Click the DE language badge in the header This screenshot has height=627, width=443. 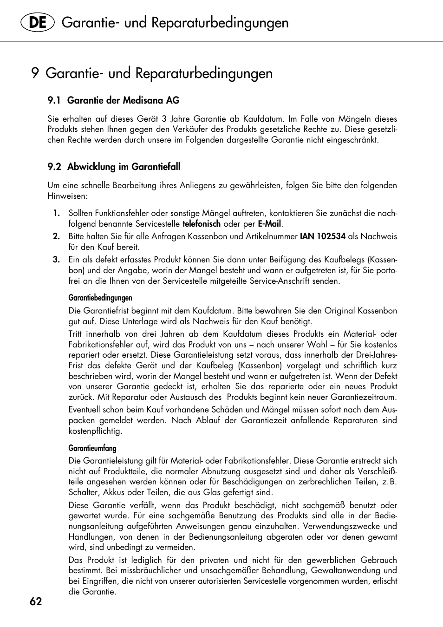click(x=38, y=23)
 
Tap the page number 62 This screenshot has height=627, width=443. click(x=36, y=601)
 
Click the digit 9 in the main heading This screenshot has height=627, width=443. click(x=35, y=73)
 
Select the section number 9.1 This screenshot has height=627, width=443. click(x=54, y=100)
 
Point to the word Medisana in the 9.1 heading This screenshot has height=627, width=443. click(x=138, y=100)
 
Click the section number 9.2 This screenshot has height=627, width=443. click(x=54, y=167)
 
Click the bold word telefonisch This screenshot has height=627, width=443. click(x=201, y=224)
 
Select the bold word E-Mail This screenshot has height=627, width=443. click(x=269, y=224)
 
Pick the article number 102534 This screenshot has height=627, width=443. click(x=331, y=236)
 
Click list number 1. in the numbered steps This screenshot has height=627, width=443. click(x=56, y=213)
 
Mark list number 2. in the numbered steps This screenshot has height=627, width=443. click(x=56, y=236)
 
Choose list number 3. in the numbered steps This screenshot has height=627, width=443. click(x=56, y=260)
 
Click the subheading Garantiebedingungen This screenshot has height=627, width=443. click(x=100, y=298)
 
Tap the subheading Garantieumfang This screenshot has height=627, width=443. click(x=92, y=448)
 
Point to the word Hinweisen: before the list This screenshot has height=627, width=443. click(x=67, y=196)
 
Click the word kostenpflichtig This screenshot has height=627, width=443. click(x=95, y=431)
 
